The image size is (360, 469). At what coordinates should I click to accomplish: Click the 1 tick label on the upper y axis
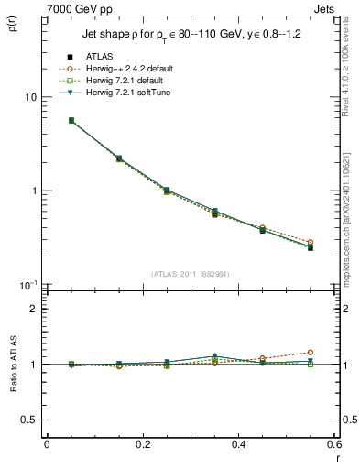(33, 191)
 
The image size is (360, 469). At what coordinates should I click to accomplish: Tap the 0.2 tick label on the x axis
(142, 444)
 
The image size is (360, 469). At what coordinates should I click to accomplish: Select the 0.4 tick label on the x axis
(238, 444)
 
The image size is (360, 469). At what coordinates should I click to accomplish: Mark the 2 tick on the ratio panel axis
(33, 309)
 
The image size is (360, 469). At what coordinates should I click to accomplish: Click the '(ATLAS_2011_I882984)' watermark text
(190, 274)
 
